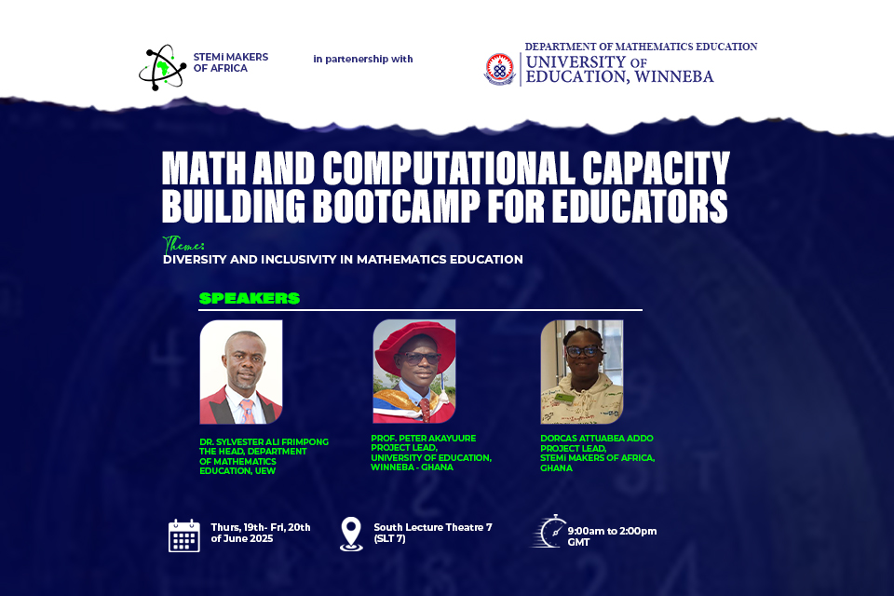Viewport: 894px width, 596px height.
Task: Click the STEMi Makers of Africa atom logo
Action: point(162,67)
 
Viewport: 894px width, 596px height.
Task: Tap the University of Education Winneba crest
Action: point(498,69)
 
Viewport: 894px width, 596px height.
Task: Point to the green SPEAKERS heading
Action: point(249,298)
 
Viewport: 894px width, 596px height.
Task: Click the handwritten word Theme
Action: point(183,245)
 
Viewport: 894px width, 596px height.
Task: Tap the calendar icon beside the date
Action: point(184,535)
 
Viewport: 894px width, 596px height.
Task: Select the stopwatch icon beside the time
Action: point(549,532)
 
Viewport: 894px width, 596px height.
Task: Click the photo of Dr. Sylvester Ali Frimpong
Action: point(241,372)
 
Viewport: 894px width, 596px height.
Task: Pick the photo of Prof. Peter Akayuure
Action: point(414,371)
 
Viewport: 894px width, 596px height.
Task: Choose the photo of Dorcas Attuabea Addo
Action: point(582,372)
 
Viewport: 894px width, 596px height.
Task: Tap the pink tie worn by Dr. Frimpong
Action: point(247,409)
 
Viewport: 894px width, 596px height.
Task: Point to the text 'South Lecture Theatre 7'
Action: point(432,527)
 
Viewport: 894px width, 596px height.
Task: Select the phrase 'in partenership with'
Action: point(363,59)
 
